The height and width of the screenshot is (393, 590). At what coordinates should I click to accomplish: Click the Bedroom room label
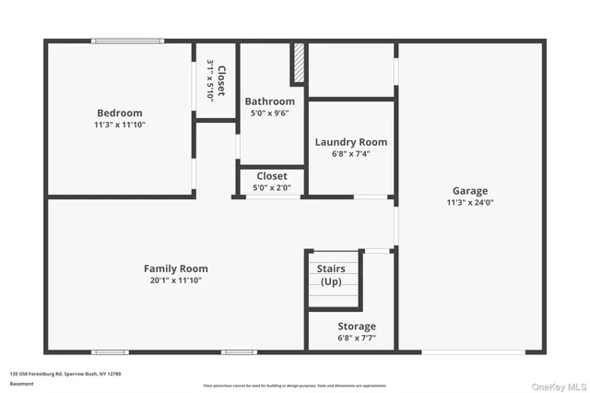120,113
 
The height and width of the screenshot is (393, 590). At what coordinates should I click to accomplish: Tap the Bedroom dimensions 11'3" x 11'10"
120,124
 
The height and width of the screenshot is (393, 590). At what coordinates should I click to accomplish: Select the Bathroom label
269,101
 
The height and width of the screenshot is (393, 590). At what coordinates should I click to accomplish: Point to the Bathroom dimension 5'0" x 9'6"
269,113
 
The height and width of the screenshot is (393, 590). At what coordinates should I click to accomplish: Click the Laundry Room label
350,142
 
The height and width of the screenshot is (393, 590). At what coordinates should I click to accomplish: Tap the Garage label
470,191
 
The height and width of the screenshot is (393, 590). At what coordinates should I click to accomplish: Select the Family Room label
175,268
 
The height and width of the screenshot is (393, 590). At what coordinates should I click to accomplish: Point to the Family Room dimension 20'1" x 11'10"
175,280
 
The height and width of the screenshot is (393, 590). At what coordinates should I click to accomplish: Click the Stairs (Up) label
332,274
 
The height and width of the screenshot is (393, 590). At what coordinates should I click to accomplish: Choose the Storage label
356,327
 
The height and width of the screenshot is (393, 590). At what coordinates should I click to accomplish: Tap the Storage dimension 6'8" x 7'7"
356,338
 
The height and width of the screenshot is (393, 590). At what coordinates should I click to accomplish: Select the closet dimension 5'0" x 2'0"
271,187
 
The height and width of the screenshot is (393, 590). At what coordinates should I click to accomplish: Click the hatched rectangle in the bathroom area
298,63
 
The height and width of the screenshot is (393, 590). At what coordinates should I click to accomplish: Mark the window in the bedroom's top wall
127,41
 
